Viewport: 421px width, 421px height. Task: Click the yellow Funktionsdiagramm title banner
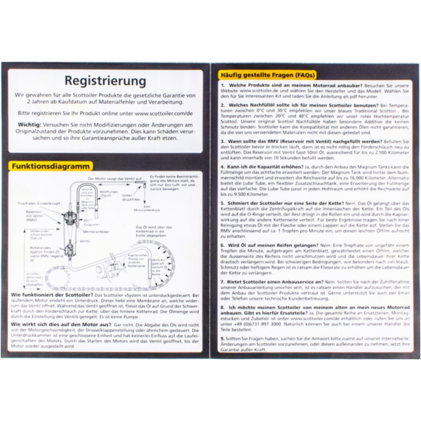pyautogui.click(x=50, y=166)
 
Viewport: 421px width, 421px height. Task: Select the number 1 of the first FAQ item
pyautogui.click(x=222, y=85)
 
